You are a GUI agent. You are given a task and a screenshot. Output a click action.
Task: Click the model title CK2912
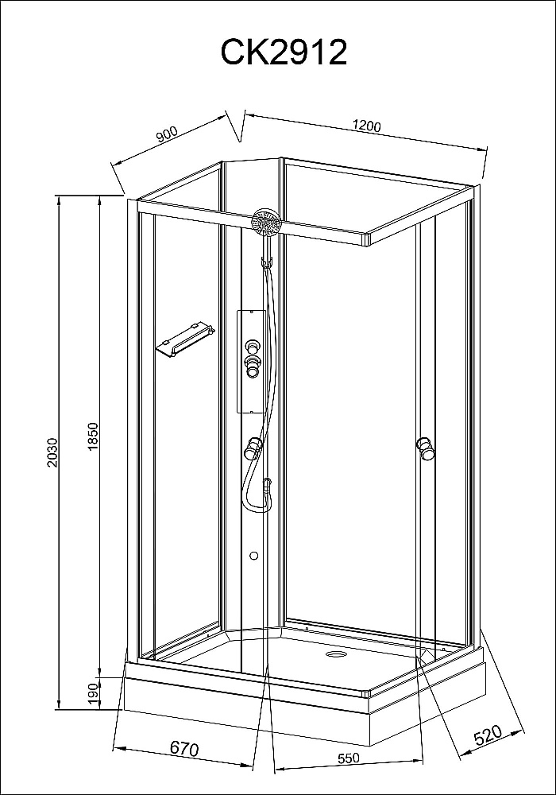pyautogui.click(x=284, y=52)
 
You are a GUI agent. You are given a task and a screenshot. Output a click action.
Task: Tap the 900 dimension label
pyautogui.click(x=167, y=134)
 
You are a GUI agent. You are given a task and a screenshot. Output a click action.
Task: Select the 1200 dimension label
pyautogui.click(x=367, y=126)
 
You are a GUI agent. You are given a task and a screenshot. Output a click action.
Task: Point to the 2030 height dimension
pyautogui.click(x=53, y=452)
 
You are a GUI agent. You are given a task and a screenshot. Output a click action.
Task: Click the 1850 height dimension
pyautogui.click(x=93, y=436)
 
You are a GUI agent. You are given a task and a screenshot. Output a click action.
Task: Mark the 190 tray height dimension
pyautogui.click(x=93, y=693)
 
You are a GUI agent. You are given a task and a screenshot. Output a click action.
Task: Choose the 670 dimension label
pyautogui.click(x=184, y=748)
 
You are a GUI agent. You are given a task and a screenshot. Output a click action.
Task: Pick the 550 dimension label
pyautogui.click(x=349, y=758)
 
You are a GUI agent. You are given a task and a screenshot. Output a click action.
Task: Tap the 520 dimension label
pyautogui.click(x=487, y=735)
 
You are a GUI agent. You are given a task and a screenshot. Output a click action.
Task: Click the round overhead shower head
pyautogui.click(x=266, y=222)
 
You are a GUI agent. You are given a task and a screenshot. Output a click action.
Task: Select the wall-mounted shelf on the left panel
pyautogui.click(x=185, y=338)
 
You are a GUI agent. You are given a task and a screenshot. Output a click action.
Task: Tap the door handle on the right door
pyautogui.click(x=426, y=448)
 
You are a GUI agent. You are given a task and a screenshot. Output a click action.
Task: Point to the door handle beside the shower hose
pyautogui.click(x=252, y=448)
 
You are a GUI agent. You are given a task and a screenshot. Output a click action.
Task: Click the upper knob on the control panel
pyautogui.click(x=252, y=347)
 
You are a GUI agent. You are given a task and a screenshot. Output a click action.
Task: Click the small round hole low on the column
pyautogui.click(x=254, y=556)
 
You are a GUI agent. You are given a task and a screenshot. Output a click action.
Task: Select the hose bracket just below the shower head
pyautogui.click(x=266, y=262)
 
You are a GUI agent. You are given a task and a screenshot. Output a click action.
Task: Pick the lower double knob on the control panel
pyautogui.click(x=252, y=366)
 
